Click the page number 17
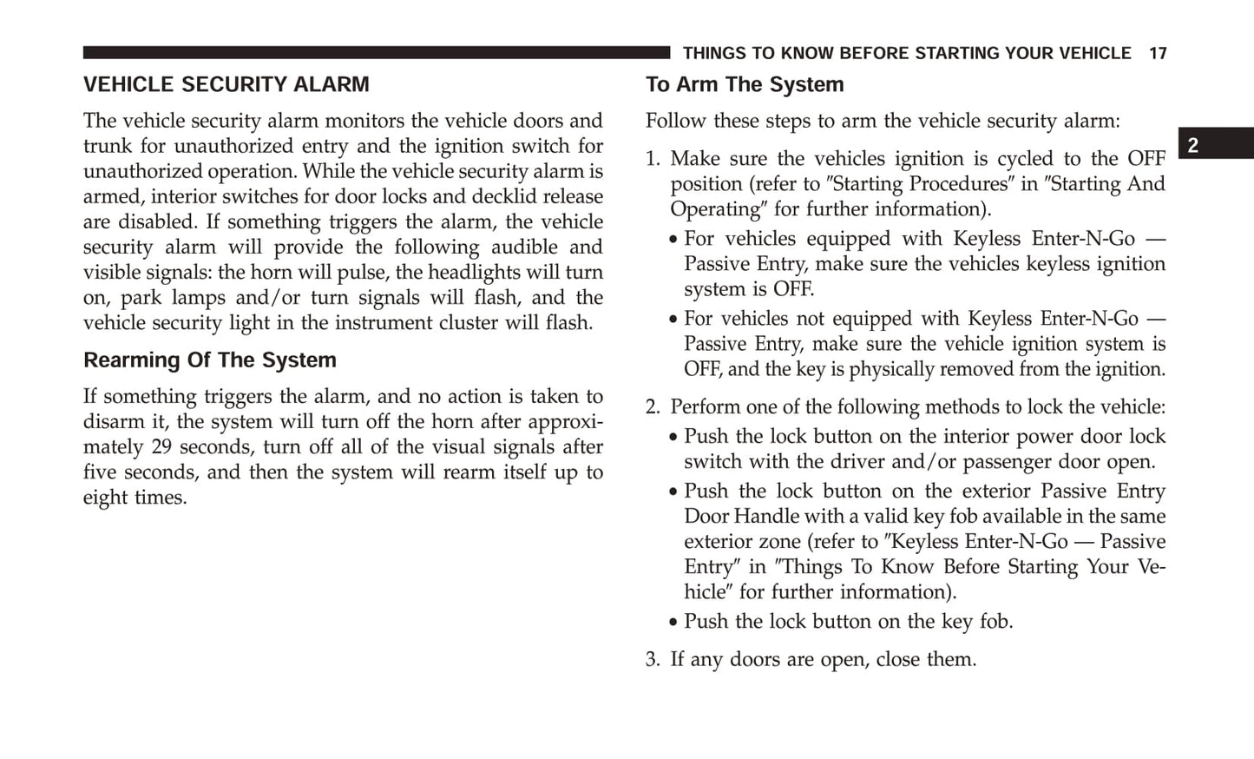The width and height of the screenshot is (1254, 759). [1158, 54]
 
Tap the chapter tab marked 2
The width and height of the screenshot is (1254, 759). [1193, 145]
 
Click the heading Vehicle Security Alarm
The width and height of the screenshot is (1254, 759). [226, 84]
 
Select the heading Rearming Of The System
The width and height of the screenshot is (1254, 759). [209, 360]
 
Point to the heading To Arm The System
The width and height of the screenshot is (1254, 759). [744, 84]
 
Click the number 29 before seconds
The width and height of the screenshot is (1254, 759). [161, 447]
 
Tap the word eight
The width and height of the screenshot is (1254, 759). [104, 498]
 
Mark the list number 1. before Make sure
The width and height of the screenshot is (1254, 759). [653, 159]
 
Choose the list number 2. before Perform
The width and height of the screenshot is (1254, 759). [653, 407]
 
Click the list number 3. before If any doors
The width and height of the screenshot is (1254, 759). [653, 660]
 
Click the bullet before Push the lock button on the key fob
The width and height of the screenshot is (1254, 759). [673, 623]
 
